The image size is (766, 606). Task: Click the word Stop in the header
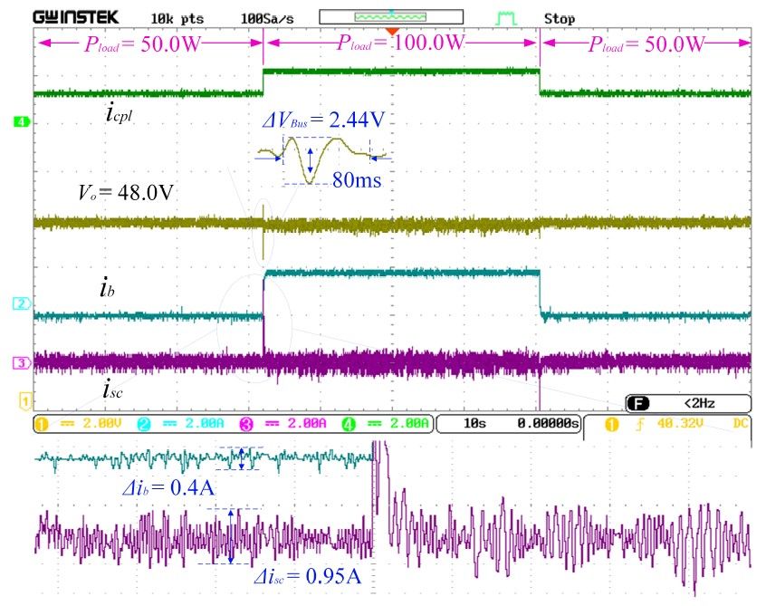(x=559, y=18)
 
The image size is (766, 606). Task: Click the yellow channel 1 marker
(x=25, y=399)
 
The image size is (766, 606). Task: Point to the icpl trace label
(x=120, y=115)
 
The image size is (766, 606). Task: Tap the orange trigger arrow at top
(x=391, y=33)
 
